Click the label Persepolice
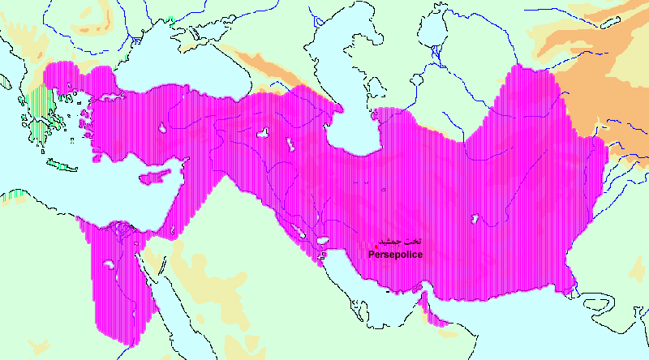pyautogui.click(x=395, y=255)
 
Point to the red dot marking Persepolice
pyautogui.click(x=376, y=246)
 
